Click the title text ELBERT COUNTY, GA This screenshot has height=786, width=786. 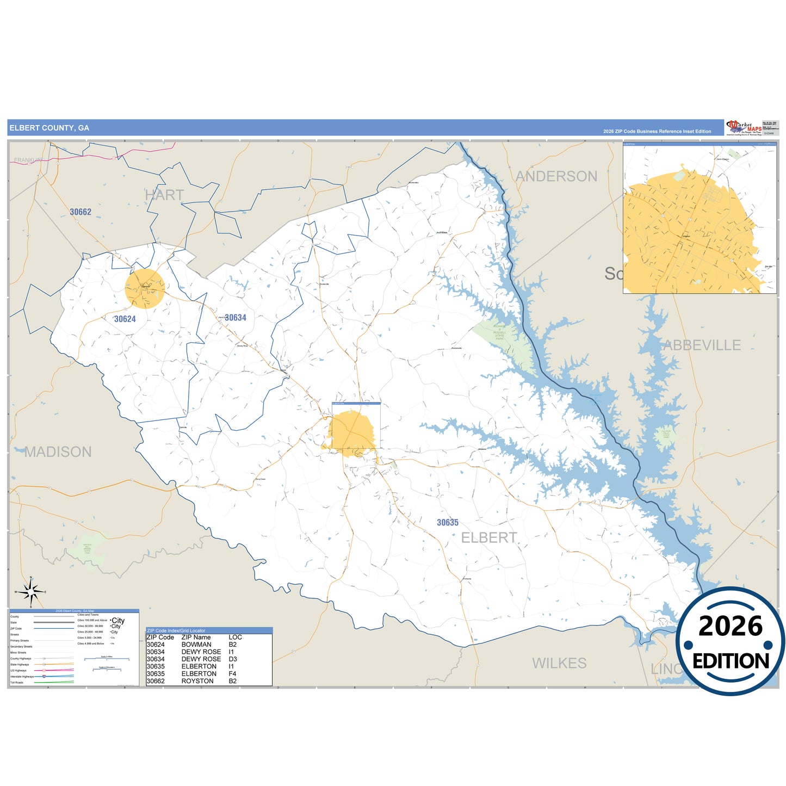(x=49, y=128)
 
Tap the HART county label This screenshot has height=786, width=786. (x=164, y=195)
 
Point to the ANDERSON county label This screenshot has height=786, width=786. (x=556, y=176)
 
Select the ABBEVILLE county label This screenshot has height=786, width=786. (x=702, y=345)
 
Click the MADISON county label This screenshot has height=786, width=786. (x=58, y=452)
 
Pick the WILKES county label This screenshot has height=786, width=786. (x=559, y=663)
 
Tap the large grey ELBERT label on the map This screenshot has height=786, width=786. (x=489, y=538)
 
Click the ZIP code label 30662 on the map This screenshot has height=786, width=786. (x=81, y=212)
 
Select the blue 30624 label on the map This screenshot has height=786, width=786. (x=125, y=319)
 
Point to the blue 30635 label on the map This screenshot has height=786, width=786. (x=448, y=523)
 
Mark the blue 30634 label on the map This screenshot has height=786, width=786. (x=236, y=318)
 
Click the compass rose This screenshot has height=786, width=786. (x=31, y=592)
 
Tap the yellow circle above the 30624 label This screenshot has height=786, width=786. (x=145, y=288)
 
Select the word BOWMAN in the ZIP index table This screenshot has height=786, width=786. (x=196, y=645)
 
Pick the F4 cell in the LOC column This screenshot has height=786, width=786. (x=232, y=673)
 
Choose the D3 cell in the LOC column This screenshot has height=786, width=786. (x=232, y=659)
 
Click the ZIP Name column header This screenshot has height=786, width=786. (x=196, y=637)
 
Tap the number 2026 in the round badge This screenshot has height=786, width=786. (x=731, y=626)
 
